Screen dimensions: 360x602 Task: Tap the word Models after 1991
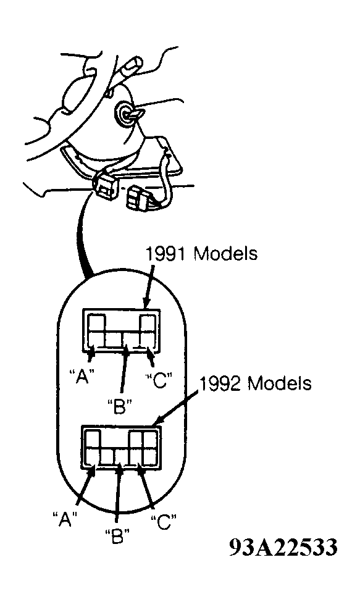pos(225,253)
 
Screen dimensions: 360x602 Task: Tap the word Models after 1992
pos(279,383)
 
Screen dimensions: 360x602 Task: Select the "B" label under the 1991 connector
pos(120,406)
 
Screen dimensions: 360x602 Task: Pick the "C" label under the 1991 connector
pos(157,380)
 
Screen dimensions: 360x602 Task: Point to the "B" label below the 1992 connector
pos(117,535)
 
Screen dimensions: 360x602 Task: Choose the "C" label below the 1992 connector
pos(164,522)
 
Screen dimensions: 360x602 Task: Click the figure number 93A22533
pos(283,546)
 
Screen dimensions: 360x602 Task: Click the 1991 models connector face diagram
pos(122,330)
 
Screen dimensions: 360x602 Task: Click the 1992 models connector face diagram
pos(121,447)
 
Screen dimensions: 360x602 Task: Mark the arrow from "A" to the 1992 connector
pos(85,486)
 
